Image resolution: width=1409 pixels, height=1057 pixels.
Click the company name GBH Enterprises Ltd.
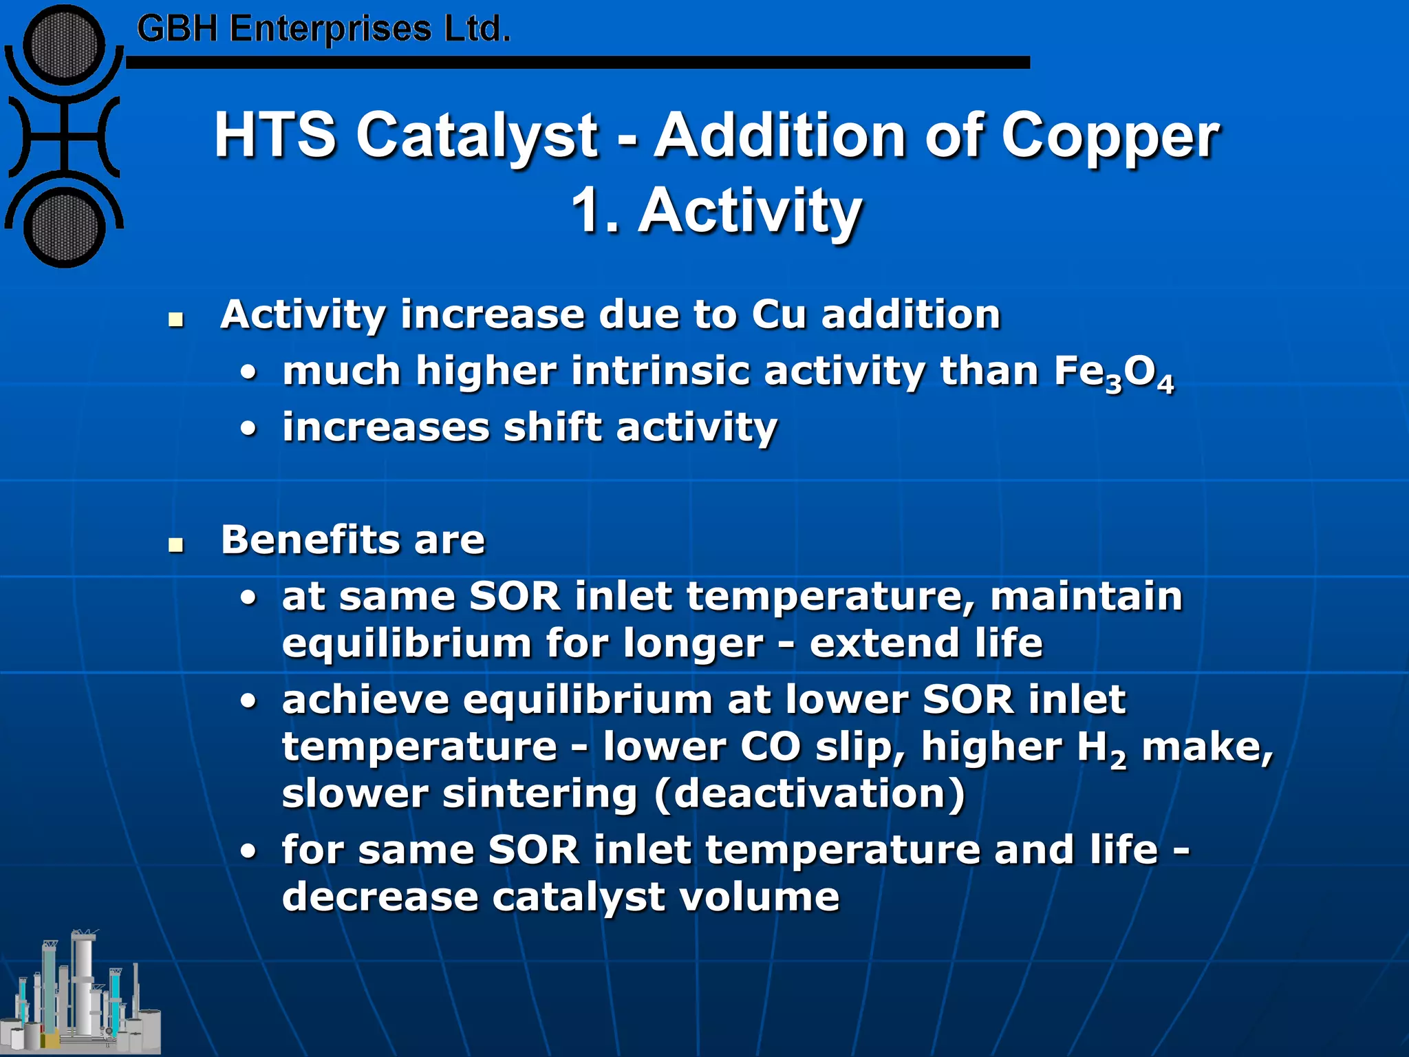(x=323, y=29)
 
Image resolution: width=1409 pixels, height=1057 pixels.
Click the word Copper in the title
(x=1109, y=136)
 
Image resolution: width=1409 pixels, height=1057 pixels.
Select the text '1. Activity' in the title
(x=716, y=210)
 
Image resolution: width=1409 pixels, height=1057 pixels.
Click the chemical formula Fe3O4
(x=1113, y=373)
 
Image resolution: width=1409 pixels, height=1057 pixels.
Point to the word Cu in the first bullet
(x=778, y=315)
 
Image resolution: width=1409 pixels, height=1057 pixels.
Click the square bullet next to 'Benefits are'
(x=177, y=545)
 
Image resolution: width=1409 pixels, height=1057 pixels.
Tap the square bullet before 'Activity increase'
(x=177, y=319)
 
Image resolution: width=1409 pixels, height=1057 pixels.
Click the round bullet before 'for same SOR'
(x=248, y=852)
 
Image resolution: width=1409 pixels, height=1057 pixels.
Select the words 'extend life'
(x=925, y=643)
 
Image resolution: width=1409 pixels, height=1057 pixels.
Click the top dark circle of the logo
(x=64, y=46)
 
